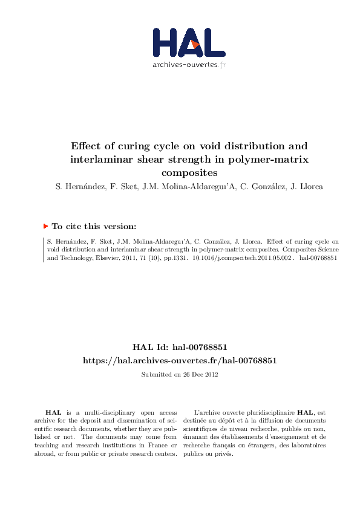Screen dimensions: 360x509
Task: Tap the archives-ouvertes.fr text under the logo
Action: [x=189, y=64]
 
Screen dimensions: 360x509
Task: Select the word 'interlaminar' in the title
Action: [x=103, y=160]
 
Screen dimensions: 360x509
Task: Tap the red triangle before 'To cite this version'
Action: [x=45, y=226]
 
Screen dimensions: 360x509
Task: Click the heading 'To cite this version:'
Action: [x=94, y=227]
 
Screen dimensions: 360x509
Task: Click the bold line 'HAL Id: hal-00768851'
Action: [x=180, y=348]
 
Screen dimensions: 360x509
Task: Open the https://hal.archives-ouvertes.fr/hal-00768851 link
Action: [x=180, y=360]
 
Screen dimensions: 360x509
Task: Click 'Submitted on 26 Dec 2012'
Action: [x=180, y=374]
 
